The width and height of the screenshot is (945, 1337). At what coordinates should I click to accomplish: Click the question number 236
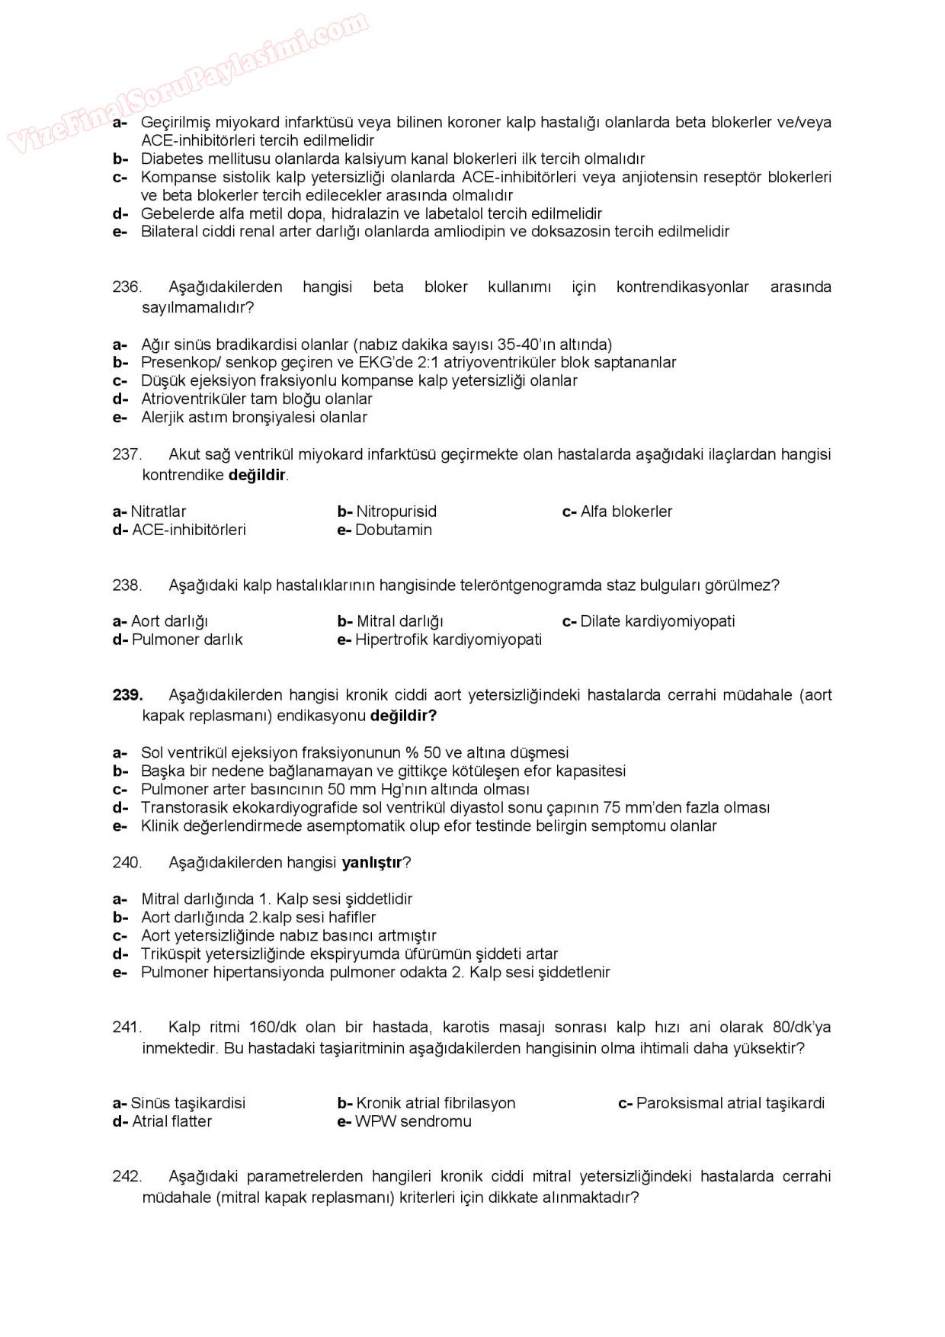point(127,287)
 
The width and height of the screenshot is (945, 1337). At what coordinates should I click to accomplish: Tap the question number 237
point(127,455)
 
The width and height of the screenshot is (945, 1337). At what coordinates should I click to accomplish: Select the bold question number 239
point(127,695)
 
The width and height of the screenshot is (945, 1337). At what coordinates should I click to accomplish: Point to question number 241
point(127,1028)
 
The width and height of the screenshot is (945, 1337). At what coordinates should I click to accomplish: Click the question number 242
point(127,1176)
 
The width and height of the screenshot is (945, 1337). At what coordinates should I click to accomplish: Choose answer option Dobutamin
point(392,531)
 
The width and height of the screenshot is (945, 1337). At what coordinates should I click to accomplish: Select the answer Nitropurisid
point(396,511)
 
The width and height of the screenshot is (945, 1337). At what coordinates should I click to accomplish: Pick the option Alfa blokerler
point(626,511)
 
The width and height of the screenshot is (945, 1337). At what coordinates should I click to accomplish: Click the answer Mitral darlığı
point(399,621)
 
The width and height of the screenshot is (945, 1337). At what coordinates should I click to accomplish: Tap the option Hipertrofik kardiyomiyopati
point(448,640)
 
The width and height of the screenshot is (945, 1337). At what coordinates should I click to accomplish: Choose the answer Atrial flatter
point(171,1121)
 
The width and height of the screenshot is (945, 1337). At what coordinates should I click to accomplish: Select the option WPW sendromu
point(412,1121)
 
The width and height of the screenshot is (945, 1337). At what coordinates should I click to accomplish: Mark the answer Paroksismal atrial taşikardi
point(729,1103)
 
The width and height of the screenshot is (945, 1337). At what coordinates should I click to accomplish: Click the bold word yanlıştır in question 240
point(371,863)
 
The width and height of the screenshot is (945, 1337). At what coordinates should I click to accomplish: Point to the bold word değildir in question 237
point(257,476)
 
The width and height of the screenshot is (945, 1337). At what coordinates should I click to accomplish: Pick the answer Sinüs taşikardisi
point(187,1103)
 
